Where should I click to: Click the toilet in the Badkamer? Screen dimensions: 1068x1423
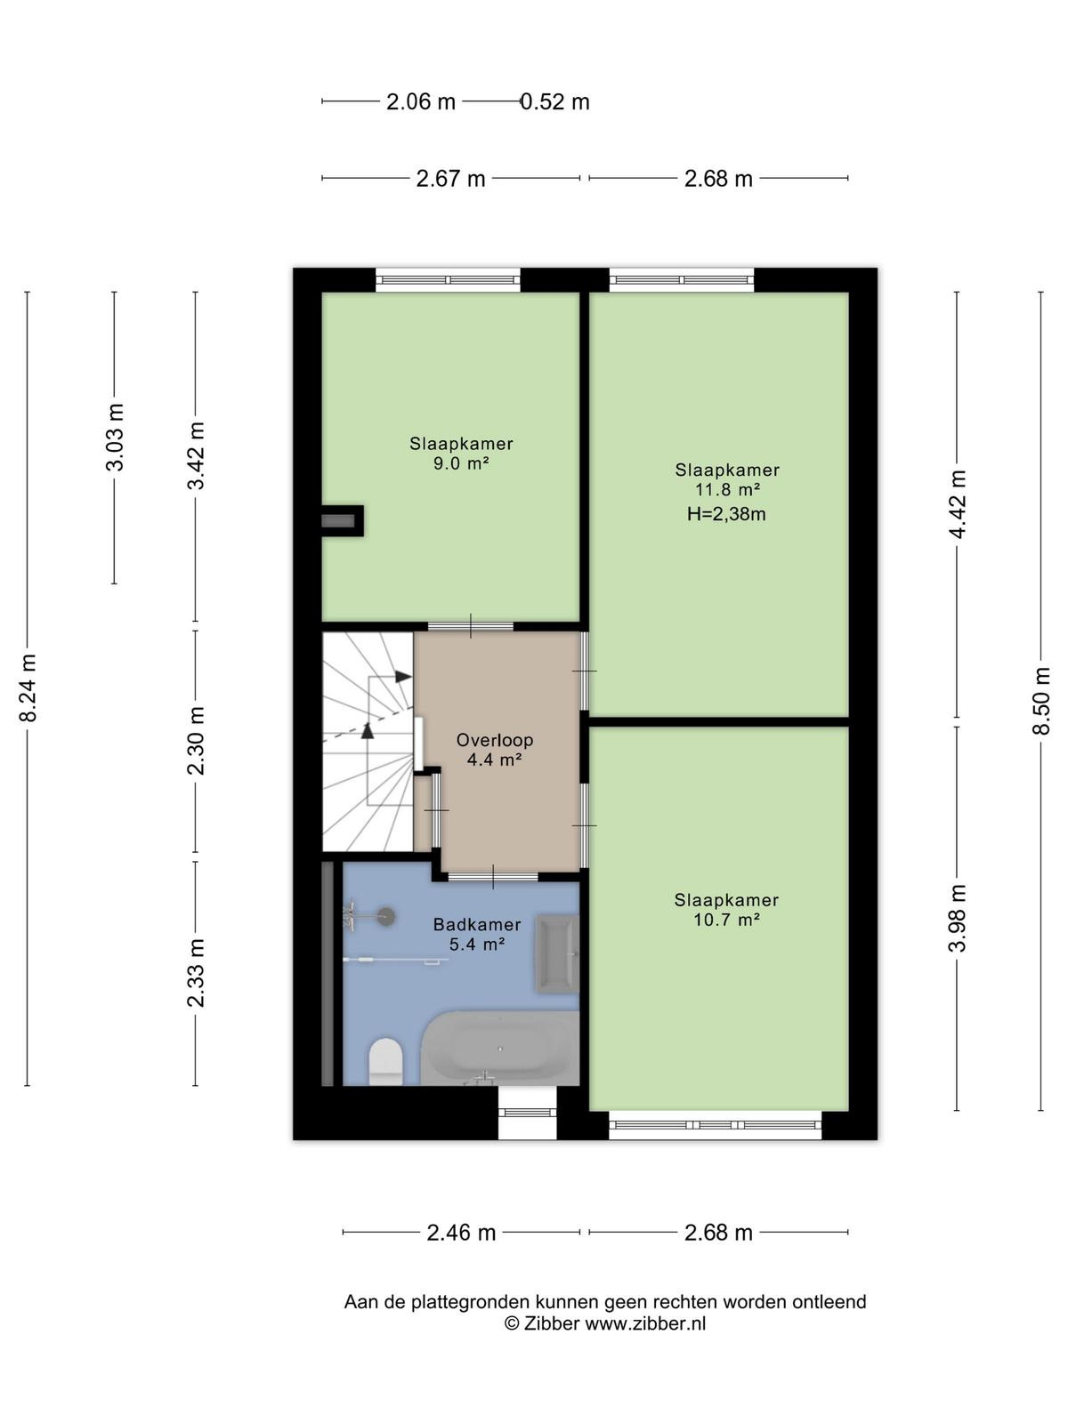(x=385, y=1061)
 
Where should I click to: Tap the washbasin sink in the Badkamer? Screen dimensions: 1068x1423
(x=557, y=953)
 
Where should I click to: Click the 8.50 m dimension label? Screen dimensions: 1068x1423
(x=1040, y=701)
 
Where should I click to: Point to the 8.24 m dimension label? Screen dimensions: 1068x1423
(x=28, y=687)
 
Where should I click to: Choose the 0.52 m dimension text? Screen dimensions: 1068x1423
(x=555, y=101)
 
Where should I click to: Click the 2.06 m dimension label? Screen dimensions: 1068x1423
(x=421, y=101)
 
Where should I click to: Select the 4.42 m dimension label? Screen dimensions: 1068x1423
(x=957, y=503)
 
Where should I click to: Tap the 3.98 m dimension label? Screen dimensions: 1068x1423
(x=957, y=918)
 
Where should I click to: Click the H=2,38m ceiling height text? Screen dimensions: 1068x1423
(x=726, y=514)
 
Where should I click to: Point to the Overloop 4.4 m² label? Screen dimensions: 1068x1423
(x=495, y=750)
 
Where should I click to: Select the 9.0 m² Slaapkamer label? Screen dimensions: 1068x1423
(x=461, y=454)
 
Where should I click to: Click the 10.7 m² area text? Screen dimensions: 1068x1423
(x=727, y=919)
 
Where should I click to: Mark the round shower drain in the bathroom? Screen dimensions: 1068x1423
(x=387, y=915)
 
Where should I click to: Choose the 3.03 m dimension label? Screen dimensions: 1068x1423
(x=115, y=437)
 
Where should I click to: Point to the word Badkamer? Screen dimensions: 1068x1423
(x=477, y=924)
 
